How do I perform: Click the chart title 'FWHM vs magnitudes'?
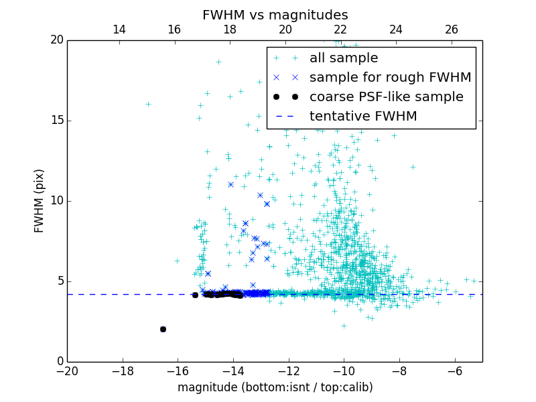(275, 15)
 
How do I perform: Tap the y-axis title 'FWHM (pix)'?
(40, 200)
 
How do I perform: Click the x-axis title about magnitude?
(275, 387)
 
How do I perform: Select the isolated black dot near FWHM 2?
(163, 329)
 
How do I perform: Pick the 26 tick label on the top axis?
(451, 29)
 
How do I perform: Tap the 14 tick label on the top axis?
(119, 29)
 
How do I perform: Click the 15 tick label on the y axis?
(56, 121)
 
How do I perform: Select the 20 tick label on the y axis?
(56, 40)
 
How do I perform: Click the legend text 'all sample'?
(344, 58)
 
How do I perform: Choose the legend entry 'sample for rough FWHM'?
(390, 78)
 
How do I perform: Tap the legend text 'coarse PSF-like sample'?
(386, 97)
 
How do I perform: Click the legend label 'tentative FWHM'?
(363, 117)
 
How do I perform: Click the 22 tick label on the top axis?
(340, 29)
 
